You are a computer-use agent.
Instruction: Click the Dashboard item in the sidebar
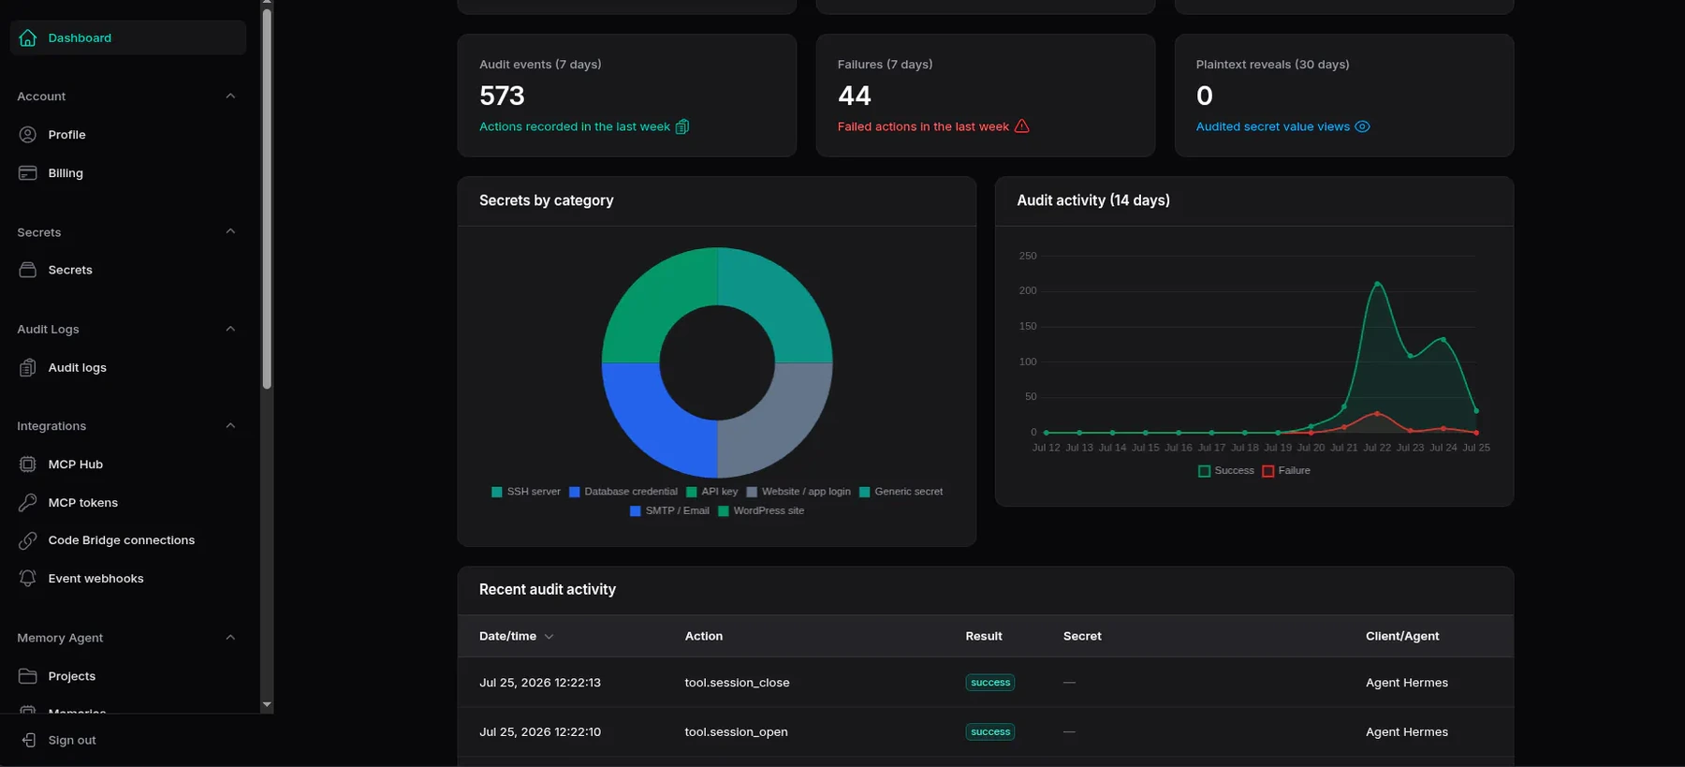(x=128, y=37)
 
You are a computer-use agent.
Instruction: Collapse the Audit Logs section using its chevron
(x=230, y=329)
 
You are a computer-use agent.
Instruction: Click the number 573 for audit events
(x=502, y=96)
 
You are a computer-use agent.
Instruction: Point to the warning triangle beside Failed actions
(x=1022, y=126)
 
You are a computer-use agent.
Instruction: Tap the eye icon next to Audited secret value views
(x=1362, y=126)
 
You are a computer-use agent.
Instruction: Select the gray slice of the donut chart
(x=777, y=421)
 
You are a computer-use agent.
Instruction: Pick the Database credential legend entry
(x=623, y=492)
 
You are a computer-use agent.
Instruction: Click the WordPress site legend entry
(x=761, y=511)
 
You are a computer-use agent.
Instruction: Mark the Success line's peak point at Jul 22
(x=1377, y=283)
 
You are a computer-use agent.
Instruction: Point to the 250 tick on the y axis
(x=1028, y=256)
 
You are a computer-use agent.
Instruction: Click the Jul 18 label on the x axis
(x=1245, y=448)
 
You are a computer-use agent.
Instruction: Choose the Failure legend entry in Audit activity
(x=1286, y=471)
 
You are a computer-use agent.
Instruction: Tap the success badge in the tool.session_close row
(x=990, y=683)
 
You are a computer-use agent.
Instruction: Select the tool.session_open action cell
(x=736, y=732)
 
